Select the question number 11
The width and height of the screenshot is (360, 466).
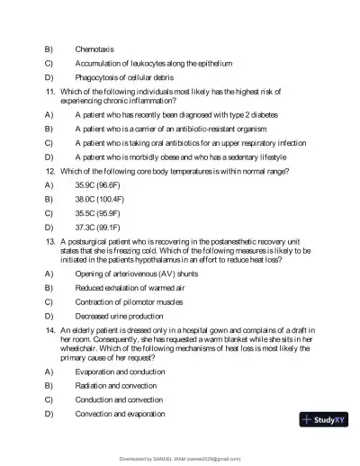pos(50,91)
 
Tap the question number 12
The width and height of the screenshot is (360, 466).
pos(50,170)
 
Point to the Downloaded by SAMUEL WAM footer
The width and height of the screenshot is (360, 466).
pos(180,458)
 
